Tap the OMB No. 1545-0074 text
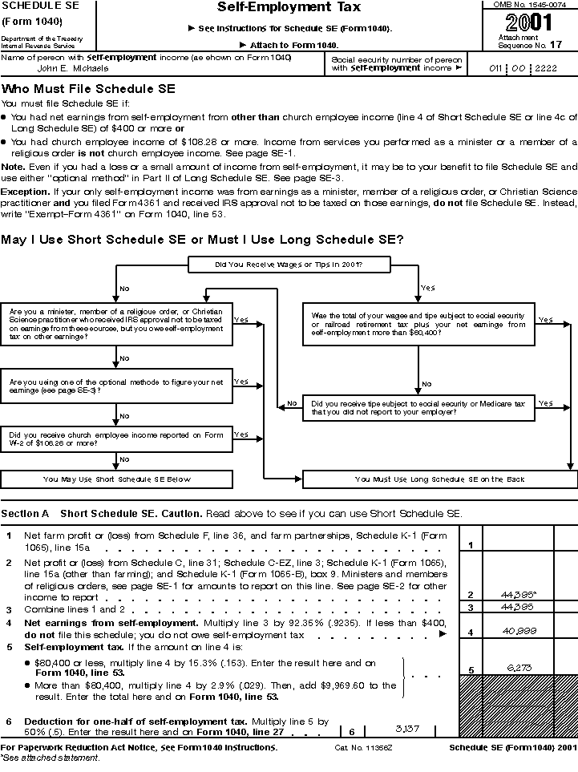coord(530,5)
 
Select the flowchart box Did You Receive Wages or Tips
coord(289,264)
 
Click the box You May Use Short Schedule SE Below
coord(117,479)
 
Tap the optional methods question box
coord(117,386)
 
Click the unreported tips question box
coord(418,408)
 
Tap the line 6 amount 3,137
coord(407,729)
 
